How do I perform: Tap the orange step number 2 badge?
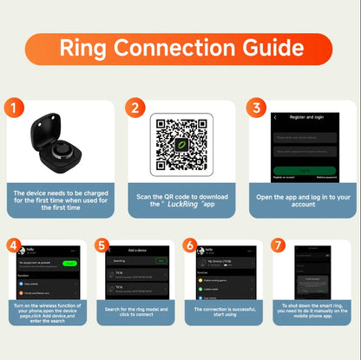[x=135, y=108]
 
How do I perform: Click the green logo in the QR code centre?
[x=181, y=145]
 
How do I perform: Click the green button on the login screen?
[x=304, y=170]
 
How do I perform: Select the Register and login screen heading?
[x=304, y=116]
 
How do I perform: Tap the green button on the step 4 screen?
[x=69, y=262]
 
